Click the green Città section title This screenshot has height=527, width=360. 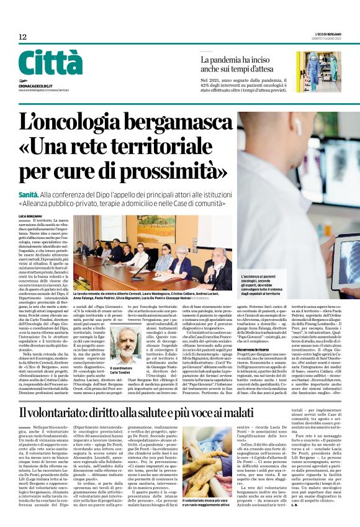(x=50, y=62)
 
